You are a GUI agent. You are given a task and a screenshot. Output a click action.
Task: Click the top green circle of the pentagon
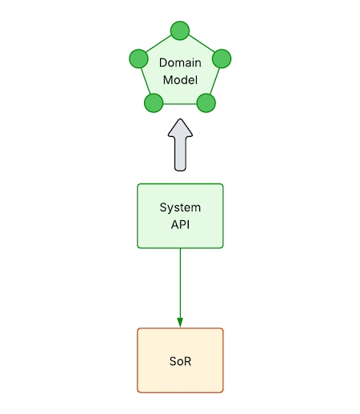[x=180, y=31]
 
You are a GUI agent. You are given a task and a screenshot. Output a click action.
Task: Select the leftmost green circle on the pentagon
[x=138, y=59]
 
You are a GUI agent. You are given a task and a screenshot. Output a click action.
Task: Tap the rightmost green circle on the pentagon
[x=222, y=58]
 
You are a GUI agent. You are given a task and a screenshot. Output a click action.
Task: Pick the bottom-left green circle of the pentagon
[x=154, y=102]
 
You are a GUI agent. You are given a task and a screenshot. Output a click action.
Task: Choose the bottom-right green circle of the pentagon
[x=206, y=102]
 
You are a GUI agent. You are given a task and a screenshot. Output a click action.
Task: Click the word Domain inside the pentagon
[x=180, y=62]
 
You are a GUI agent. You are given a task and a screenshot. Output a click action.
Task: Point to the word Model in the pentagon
[x=180, y=80]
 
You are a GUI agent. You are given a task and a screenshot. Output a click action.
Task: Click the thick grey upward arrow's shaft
[x=181, y=154]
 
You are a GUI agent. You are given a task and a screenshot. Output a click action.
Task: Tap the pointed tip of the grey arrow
[x=181, y=121]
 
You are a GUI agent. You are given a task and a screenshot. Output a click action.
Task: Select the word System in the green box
[x=180, y=207]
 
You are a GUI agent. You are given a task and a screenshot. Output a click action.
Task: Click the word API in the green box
[x=180, y=224]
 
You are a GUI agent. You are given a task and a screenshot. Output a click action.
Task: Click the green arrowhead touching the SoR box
[x=180, y=323]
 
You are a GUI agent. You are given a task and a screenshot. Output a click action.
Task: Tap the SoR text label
[x=180, y=360]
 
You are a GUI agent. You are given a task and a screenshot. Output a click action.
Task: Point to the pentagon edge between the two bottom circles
[x=180, y=102]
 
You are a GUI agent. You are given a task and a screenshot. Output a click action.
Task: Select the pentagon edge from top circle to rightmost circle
[x=201, y=45]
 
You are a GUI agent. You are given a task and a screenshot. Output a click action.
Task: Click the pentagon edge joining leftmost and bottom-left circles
[x=146, y=81]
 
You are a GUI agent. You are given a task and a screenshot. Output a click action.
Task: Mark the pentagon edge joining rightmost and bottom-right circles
[x=214, y=81]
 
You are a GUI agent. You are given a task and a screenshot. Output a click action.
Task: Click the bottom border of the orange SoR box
[x=180, y=392]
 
